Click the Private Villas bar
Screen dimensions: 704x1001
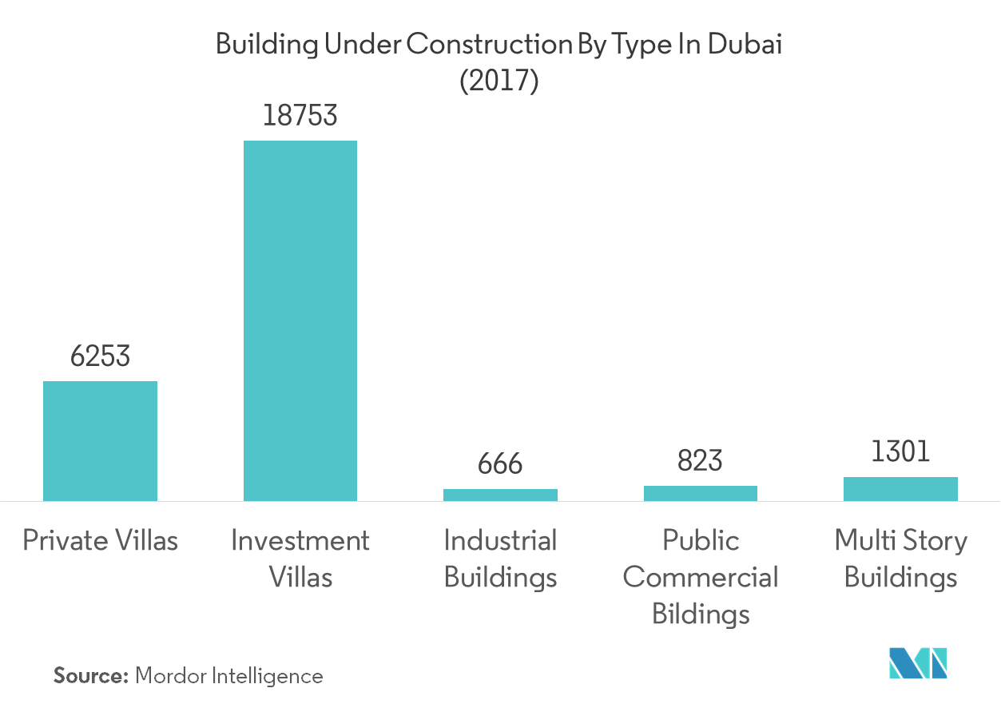pos(100,441)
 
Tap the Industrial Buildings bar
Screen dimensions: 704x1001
pos(500,495)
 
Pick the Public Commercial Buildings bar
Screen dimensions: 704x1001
pos(701,494)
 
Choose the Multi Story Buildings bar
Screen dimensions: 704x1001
pos(900,489)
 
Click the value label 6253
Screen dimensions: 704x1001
pos(100,356)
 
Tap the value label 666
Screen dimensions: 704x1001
pos(500,464)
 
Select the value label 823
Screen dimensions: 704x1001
pos(701,461)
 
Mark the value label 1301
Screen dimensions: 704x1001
pos(900,452)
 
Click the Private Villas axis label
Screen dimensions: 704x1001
pos(100,541)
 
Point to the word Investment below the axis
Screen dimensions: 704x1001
pos(300,541)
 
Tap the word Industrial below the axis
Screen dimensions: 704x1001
pos(500,541)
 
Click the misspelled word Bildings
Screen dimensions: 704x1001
pos(701,615)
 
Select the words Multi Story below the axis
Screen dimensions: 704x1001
pos(900,541)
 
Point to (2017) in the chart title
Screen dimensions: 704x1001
pos(500,82)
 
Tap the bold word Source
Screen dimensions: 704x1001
pos(90,676)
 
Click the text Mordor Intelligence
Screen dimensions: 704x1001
pos(229,676)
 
